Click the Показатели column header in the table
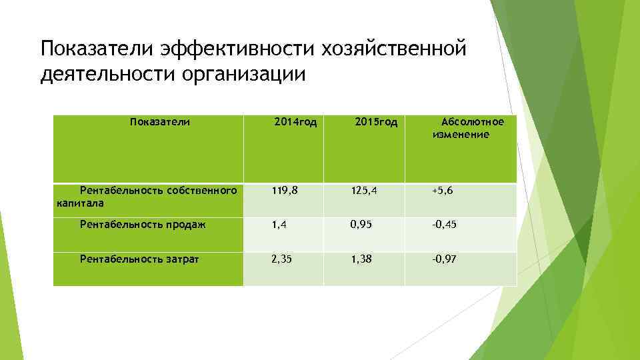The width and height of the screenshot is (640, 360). pyautogui.click(x=160, y=122)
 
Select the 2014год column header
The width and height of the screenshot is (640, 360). pyautogui.click(x=295, y=122)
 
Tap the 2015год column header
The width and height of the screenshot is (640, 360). pyautogui.click(x=376, y=122)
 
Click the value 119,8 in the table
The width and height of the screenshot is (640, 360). pyautogui.click(x=284, y=191)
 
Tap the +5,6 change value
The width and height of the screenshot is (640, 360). pyautogui.click(x=443, y=191)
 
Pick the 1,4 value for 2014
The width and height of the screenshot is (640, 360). pyautogui.click(x=279, y=225)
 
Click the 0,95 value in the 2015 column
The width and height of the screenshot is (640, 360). pyautogui.click(x=362, y=225)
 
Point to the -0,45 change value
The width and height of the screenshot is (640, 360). pyautogui.click(x=444, y=225)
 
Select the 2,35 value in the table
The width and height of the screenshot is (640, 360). pyautogui.click(x=282, y=259)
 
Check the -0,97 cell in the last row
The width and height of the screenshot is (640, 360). pyautogui.click(x=444, y=259)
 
